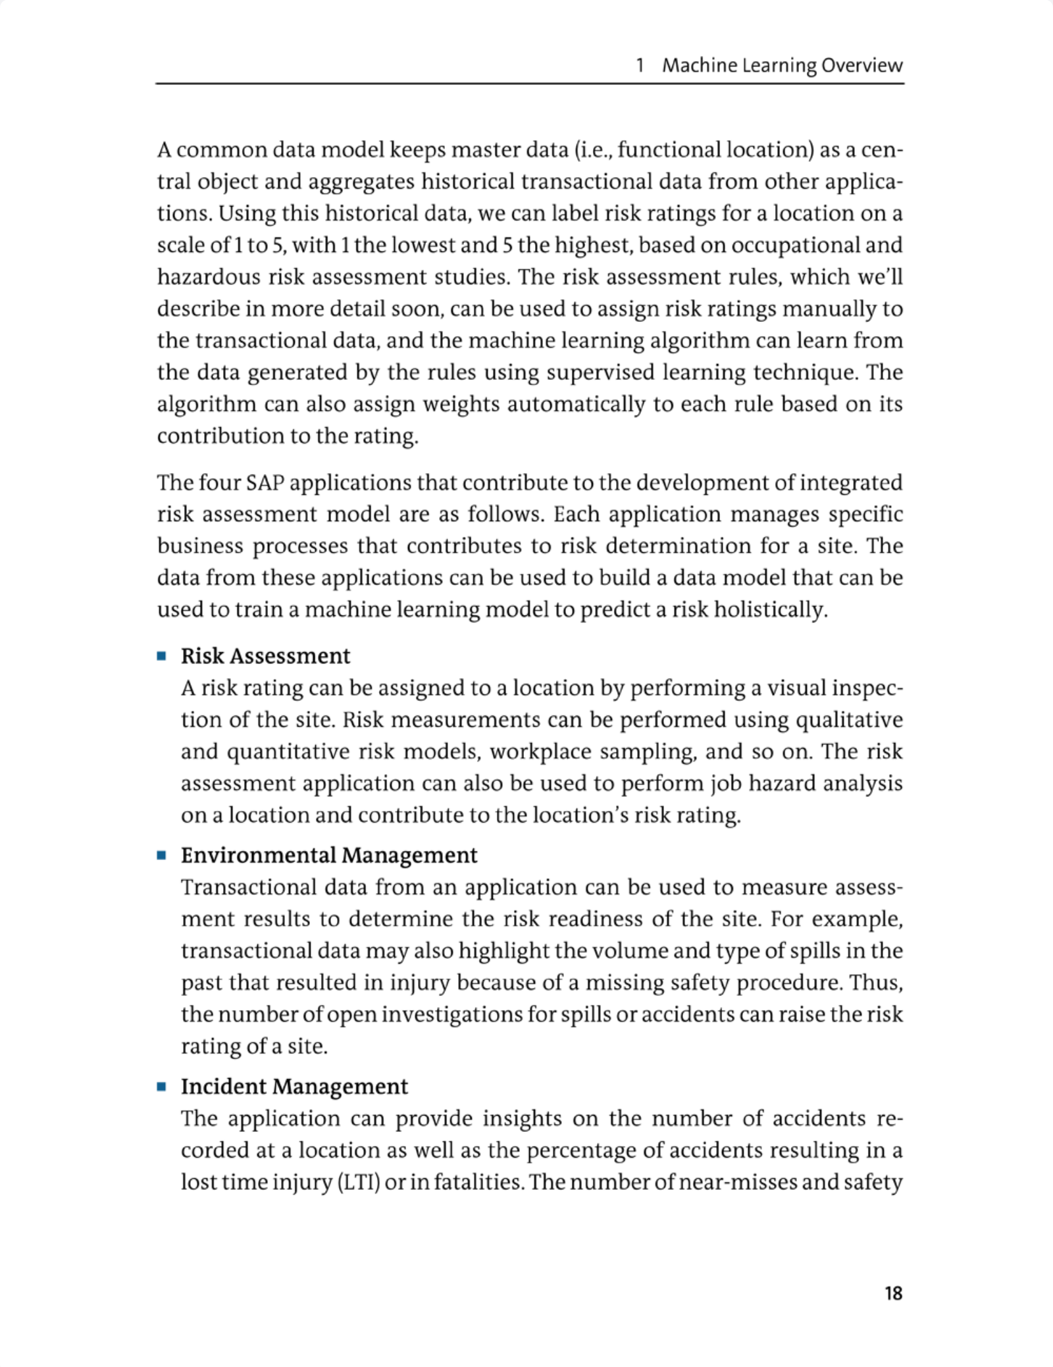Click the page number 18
[x=893, y=1293]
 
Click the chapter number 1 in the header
[x=640, y=65]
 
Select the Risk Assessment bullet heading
[x=265, y=656]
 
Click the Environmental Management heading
[x=329, y=855]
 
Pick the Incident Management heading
[x=294, y=1086]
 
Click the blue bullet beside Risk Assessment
[x=161, y=656]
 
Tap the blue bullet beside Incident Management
[x=161, y=1087]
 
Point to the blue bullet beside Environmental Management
[x=161, y=856]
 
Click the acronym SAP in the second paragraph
[x=264, y=483]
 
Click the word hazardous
[x=209, y=277]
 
